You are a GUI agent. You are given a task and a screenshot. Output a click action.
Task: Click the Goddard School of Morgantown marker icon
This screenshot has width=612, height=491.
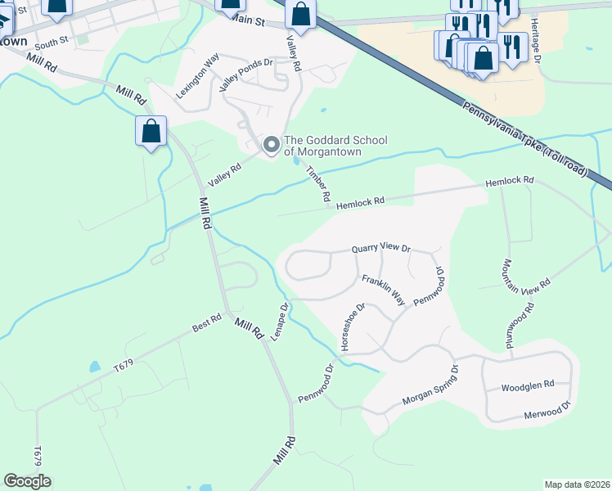coord(271,146)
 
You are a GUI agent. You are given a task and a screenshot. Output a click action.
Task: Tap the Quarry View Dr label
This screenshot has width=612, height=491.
coord(380,247)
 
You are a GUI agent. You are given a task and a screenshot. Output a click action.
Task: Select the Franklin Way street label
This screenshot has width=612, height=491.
coord(384,290)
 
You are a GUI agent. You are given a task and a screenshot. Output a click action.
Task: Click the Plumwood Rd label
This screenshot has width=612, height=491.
coord(519,327)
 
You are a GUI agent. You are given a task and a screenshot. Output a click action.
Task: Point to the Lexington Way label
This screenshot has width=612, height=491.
coord(198,76)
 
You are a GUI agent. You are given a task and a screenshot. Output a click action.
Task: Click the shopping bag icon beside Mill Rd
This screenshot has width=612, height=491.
coord(151,131)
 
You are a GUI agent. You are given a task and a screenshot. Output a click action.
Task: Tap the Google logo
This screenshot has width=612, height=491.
coord(27,481)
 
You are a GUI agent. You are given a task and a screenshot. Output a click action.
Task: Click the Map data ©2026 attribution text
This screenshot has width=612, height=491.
coord(577,484)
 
